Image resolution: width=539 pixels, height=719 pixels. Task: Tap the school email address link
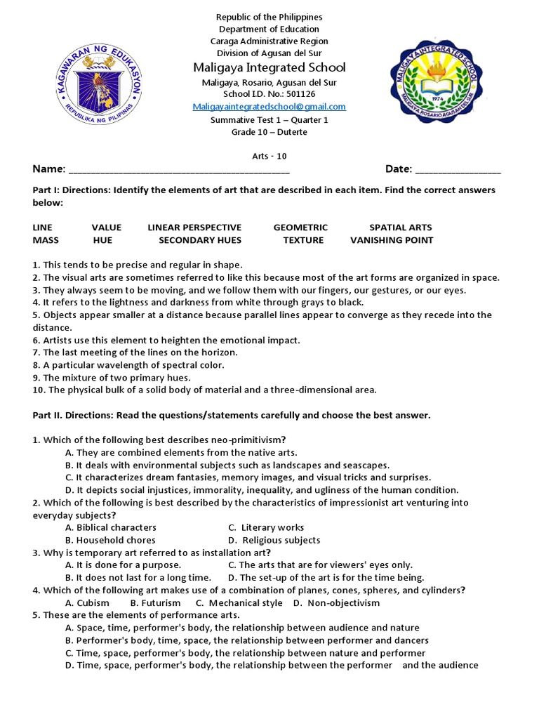tap(269, 107)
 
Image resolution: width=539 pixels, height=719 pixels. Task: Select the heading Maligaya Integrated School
tap(269, 67)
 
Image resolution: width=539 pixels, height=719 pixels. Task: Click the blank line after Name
tap(179, 170)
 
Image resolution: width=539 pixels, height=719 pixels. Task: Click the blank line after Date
tap(458, 170)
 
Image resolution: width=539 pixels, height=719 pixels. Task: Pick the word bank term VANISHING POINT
tap(392, 240)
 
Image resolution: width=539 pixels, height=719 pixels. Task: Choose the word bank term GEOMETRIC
tap(300, 227)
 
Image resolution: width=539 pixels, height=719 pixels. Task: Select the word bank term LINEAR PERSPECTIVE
tap(194, 227)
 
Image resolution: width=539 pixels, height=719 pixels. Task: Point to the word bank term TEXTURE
tap(303, 240)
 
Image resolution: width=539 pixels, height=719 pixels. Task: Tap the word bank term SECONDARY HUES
tap(200, 240)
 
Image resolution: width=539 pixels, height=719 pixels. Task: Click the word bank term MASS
tap(46, 240)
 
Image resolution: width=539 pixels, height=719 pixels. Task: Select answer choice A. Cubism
tap(87, 603)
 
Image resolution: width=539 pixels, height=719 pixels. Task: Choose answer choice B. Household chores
tap(111, 540)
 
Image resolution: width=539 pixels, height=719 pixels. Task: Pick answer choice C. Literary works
tap(267, 527)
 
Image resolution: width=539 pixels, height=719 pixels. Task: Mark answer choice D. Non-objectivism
tap(336, 603)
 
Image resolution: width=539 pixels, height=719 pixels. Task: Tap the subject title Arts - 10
tap(269, 157)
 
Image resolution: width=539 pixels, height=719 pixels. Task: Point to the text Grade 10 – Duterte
tap(269, 132)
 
